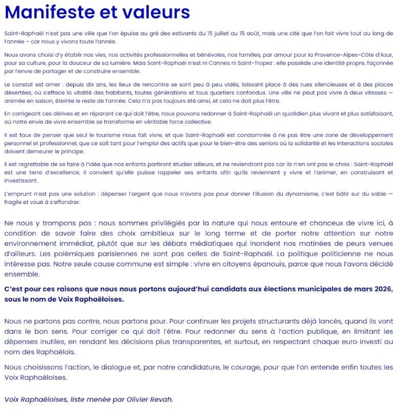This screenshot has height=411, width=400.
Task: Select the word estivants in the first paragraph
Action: point(184,34)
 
